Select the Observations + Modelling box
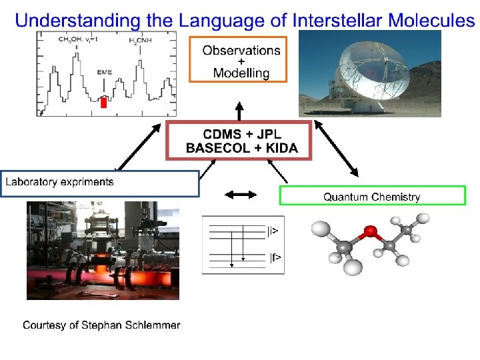[238, 61]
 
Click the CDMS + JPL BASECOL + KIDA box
[238, 140]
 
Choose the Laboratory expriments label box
[100, 183]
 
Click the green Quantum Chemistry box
[371, 196]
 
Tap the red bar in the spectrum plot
[103, 103]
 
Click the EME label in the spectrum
[105, 71]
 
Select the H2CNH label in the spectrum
[141, 41]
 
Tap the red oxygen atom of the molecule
[370, 233]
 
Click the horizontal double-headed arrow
[240, 195]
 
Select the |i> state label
[273, 231]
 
